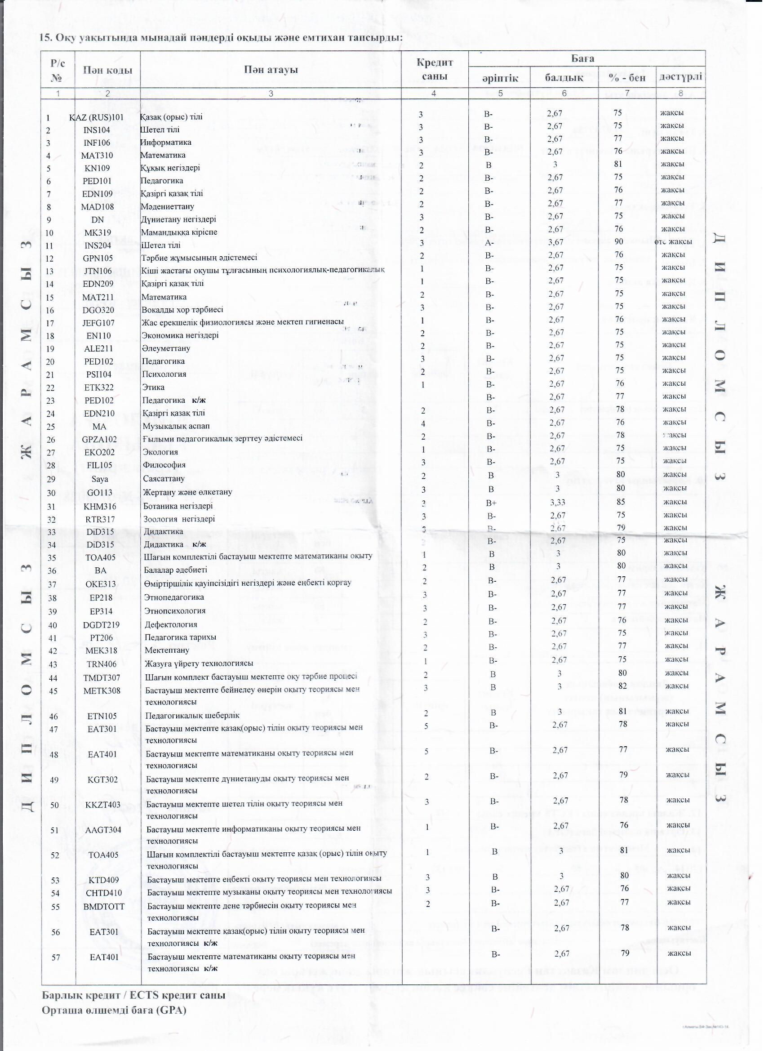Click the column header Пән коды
(107, 70)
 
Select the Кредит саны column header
(434, 70)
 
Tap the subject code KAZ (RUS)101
(97, 117)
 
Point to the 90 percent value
(618, 241)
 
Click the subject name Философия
(164, 465)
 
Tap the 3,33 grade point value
(558, 502)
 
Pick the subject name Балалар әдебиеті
(175, 570)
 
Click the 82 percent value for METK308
(623, 686)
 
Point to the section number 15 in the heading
(45, 38)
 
